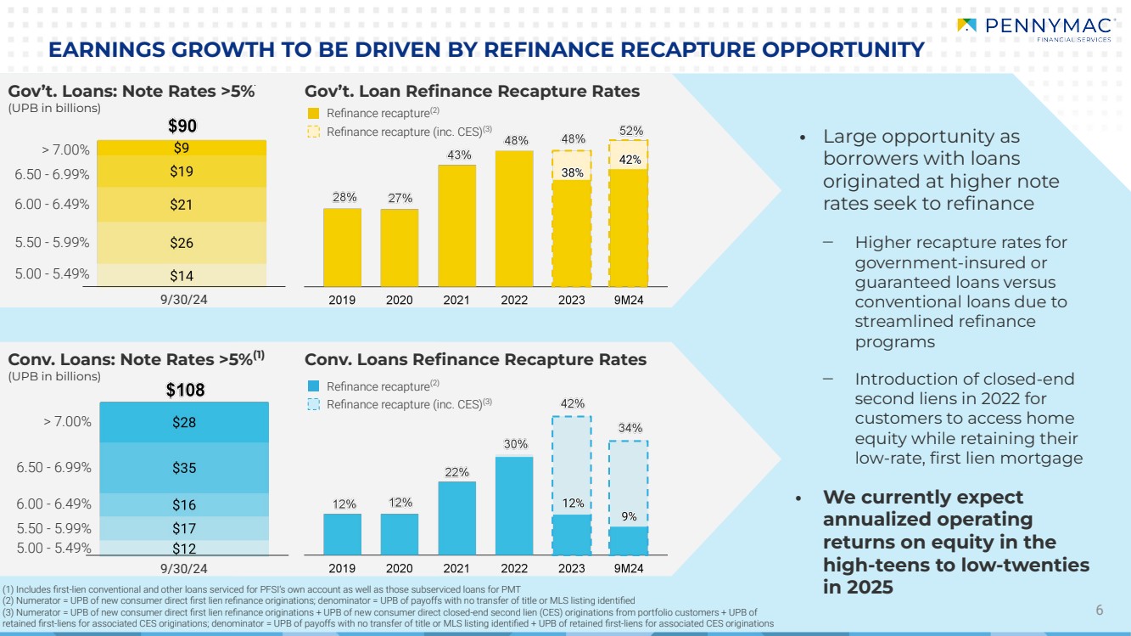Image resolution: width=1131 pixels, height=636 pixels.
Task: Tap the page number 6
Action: (1100, 610)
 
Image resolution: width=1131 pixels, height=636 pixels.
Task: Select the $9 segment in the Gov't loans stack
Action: (182, 147)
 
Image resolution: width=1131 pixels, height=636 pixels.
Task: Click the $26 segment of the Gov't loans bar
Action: (182, 243)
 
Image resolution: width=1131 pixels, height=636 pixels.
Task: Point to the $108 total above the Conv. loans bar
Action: (185, 390)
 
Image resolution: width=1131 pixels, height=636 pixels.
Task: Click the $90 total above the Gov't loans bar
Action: (182, 127)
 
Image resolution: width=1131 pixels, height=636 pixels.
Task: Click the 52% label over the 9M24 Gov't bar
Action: (630, 131)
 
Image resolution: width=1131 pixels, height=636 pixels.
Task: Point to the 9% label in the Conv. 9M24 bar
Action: (629, 516)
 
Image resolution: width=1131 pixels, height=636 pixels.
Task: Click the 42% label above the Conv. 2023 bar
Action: (573, 403)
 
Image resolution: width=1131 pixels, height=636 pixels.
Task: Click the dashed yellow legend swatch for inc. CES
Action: (313, 132)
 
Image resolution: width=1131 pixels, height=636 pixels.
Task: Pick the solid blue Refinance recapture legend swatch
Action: (313, 386)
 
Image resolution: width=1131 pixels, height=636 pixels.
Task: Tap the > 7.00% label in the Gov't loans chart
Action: (65, 149)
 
